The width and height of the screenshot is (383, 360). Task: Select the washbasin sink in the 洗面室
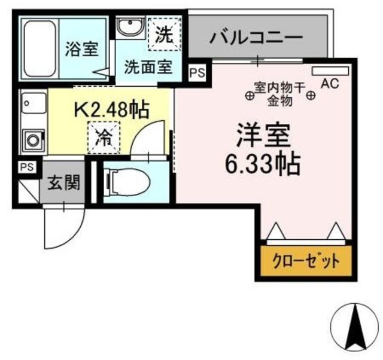tap(128, 28)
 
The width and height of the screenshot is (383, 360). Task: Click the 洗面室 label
tap(148, 66)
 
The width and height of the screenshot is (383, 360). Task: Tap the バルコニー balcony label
tap(256, 39)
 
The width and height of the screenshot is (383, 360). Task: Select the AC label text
tap(330, 84)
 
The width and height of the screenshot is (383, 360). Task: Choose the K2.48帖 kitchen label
tap(112, 109)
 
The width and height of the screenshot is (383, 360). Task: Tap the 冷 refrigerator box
tap(104, 137)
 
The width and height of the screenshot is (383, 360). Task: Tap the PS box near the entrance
tap(26, 167)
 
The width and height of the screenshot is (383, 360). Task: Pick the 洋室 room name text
tap(265, 136)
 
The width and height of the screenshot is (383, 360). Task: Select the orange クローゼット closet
tap(306, 261)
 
